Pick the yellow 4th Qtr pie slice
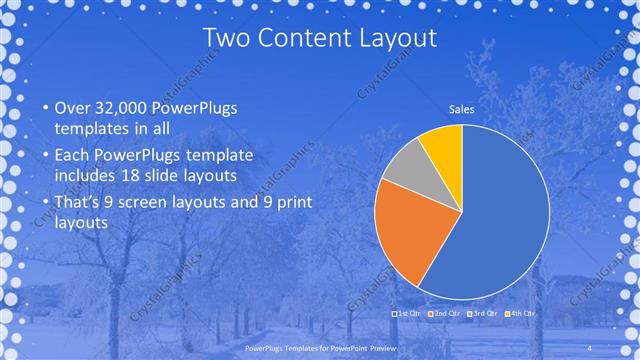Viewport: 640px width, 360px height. [x=441, y=145]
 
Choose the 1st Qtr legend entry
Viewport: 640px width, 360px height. [x=407, y=314]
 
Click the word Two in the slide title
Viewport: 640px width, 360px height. [x=228, y=38]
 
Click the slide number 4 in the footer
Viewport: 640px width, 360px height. [x=590, y=347]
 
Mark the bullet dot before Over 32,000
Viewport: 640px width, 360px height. [x=44, y=108]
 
